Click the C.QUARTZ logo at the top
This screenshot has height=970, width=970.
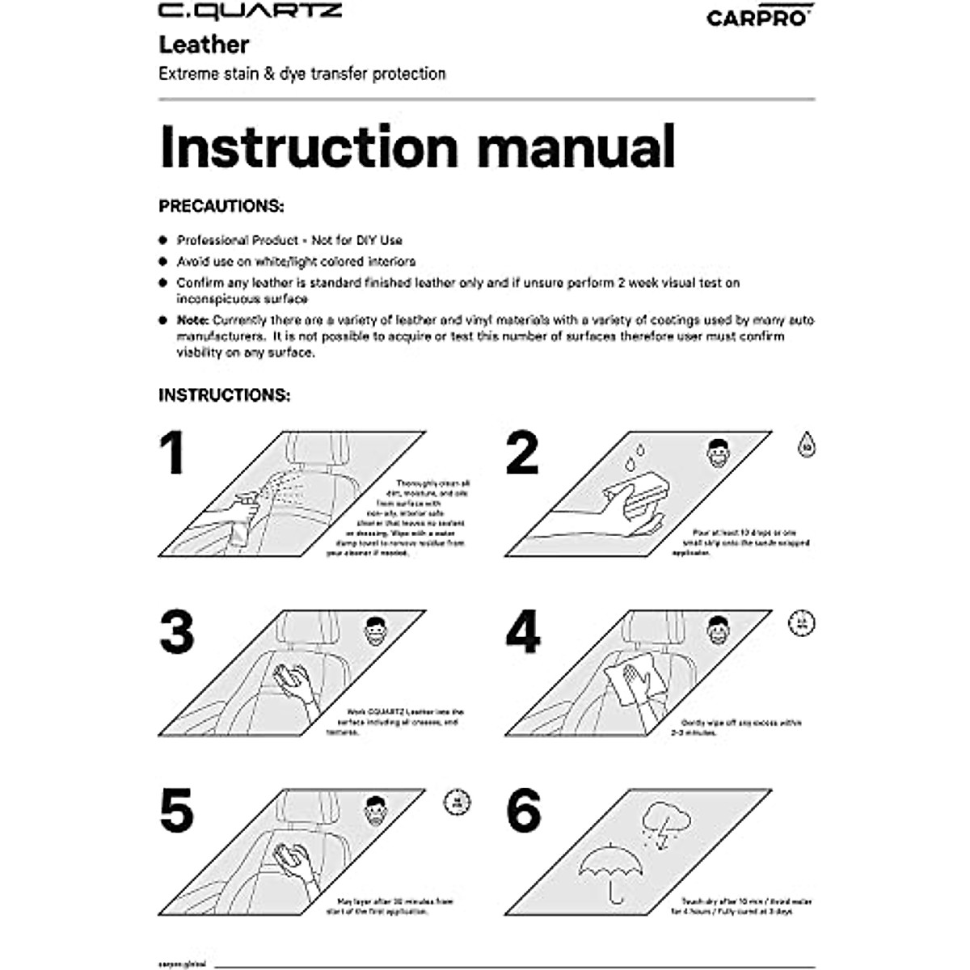tap(250, 11)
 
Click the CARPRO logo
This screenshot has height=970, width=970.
tap(759, 17)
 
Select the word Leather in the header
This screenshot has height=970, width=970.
tap(204, 44)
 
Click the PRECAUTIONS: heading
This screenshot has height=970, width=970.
tap(221, 206)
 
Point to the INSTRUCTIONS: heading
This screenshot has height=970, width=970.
tap(224, 395)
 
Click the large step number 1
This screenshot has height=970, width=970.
tap(172, 453)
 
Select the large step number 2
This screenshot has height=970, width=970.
tap(522, 453)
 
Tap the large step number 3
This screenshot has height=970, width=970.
tap(176, 632)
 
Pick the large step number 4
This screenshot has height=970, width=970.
tap(523, 632)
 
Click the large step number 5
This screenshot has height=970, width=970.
tap(176, 811)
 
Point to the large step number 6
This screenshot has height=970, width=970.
tap(523, 811)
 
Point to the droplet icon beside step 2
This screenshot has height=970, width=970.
tap(806, 445)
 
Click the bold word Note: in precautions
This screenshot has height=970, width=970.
tap(193, 320)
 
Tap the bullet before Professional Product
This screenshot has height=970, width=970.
tap(162, 241)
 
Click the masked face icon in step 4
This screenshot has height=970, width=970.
tap(718, 630)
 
